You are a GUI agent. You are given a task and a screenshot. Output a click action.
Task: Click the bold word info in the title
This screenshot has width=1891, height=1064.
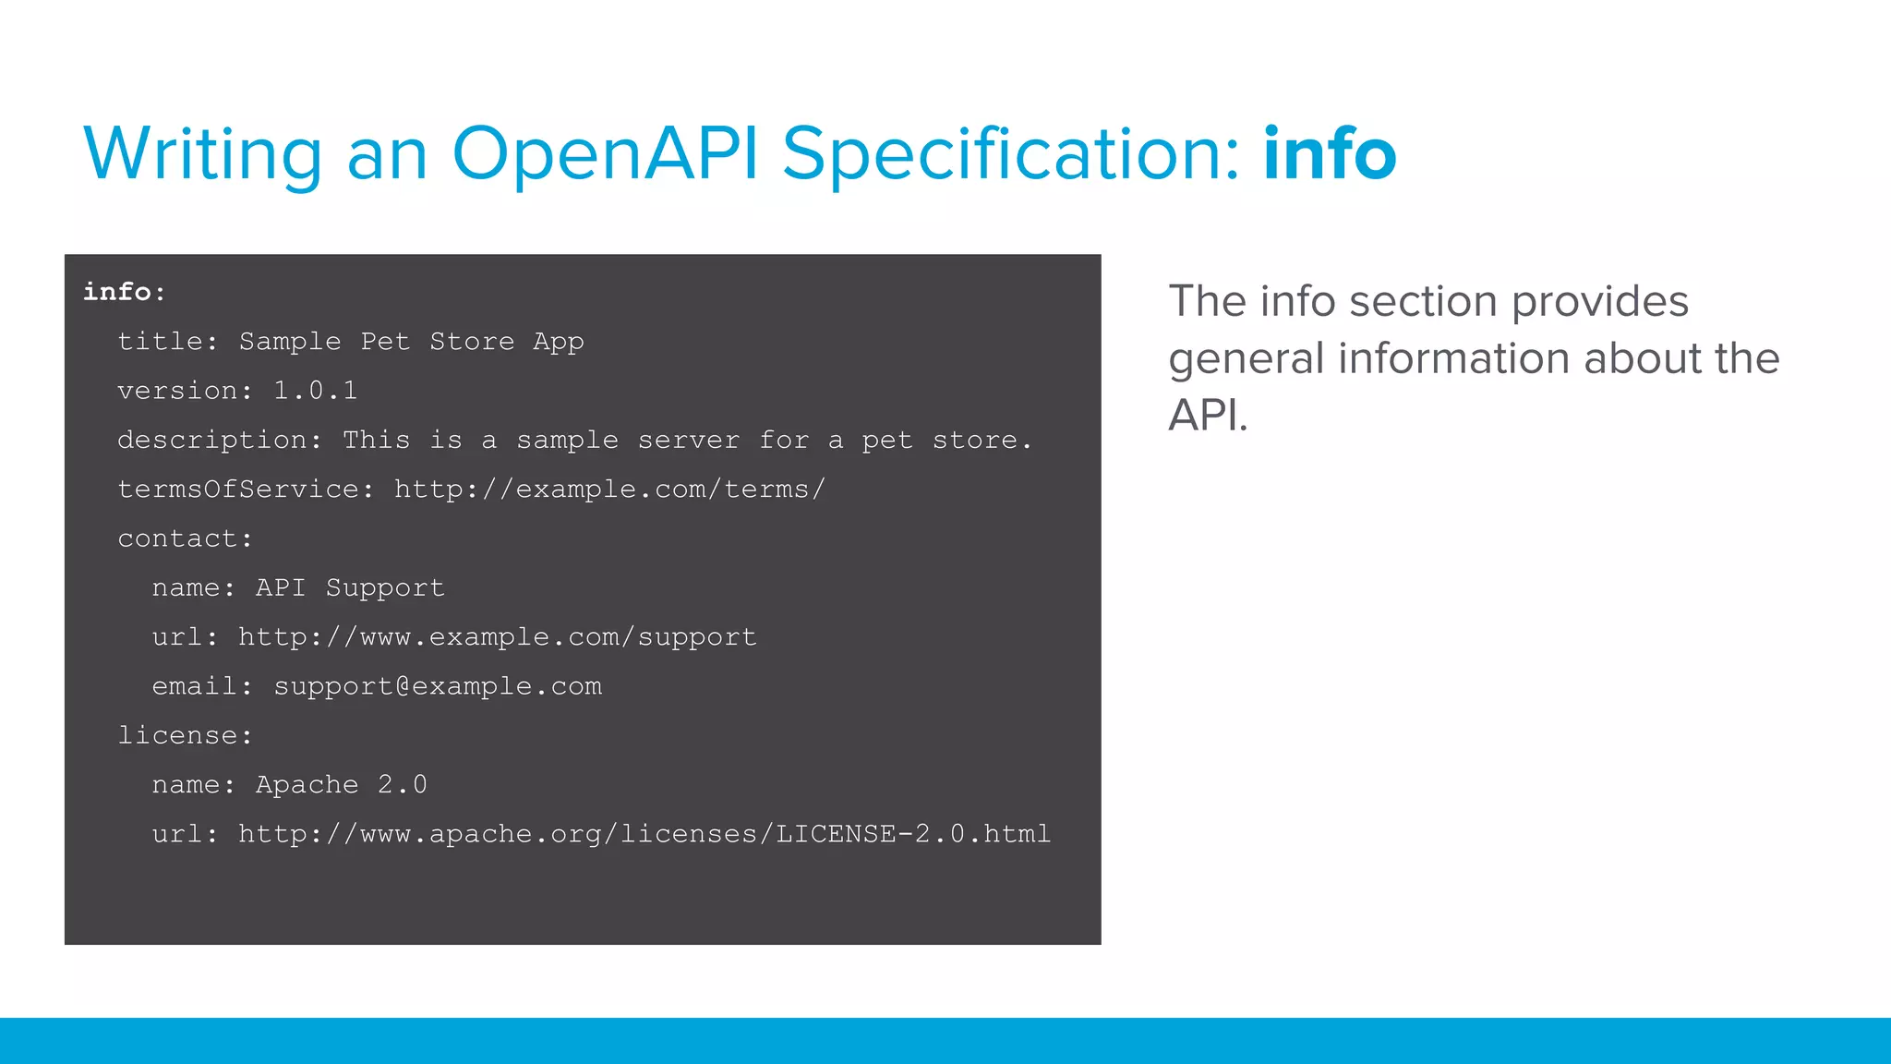pos(1330,153)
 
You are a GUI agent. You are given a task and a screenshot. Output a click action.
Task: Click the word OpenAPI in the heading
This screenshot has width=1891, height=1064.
pos(605,153)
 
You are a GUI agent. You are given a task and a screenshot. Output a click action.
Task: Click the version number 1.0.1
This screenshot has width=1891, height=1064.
pos(315,391)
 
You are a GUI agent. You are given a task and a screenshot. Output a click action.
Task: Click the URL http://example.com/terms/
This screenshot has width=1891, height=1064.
pos(609,490)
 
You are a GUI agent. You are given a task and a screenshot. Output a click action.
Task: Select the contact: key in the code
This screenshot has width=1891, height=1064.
pos(185,538)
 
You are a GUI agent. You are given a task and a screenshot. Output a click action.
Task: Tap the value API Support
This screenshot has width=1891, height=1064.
pos(350,588)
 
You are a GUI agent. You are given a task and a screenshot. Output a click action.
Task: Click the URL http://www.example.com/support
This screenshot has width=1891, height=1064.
pos(498,637)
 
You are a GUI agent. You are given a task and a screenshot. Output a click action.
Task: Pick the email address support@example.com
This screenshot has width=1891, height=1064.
pos(438,686)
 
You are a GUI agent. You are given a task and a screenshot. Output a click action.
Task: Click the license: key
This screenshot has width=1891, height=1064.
pos(185,736)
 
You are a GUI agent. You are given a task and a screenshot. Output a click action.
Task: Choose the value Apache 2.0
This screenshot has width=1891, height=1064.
pos(341,785)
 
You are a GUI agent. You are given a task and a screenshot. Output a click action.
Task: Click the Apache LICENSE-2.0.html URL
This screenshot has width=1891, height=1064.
pos(644,834)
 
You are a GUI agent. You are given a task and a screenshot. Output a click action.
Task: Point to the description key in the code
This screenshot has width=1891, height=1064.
pos(219,441)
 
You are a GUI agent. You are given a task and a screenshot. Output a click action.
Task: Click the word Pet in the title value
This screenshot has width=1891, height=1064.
pos(385,342)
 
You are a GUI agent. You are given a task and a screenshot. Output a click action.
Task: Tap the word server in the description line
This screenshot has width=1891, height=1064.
pos(689,441)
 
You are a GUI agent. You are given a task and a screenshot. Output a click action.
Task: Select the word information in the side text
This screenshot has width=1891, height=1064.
pos(1453,358)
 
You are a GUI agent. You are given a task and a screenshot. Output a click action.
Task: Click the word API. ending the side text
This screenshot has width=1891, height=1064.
pos(1208,416)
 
